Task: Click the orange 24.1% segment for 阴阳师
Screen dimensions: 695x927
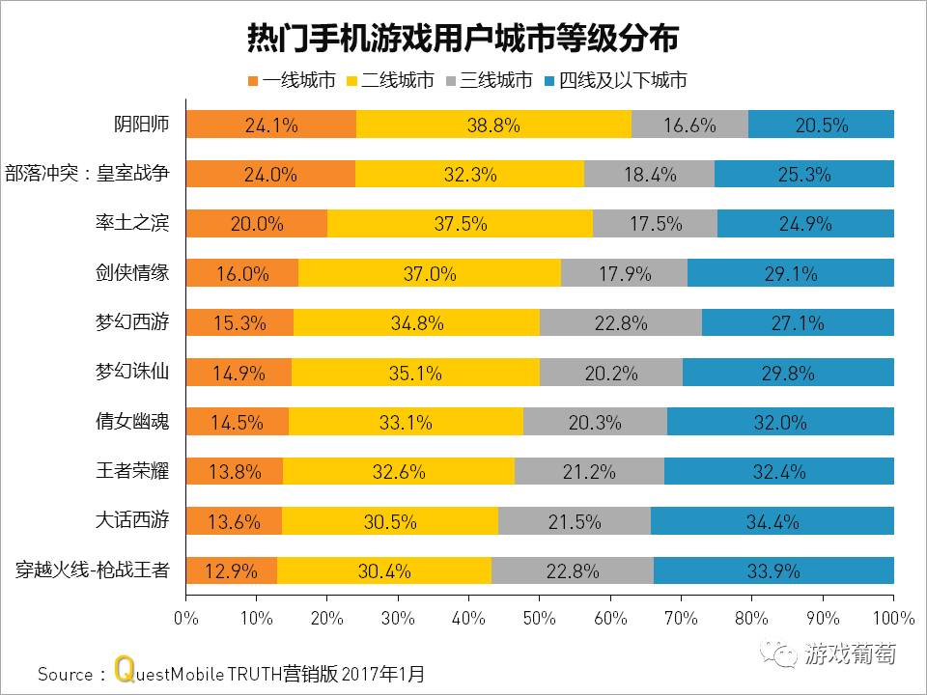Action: [270, 125]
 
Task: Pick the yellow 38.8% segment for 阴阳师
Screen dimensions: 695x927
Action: [493, 125]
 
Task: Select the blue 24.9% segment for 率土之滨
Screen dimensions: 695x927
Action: [805, 224]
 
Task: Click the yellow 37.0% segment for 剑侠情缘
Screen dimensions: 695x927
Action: [430, 273]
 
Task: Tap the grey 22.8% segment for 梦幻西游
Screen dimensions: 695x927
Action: [621, 323]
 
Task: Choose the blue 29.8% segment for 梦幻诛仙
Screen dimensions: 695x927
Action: [788, 373]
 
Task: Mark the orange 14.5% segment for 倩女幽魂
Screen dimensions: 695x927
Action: [237, 422]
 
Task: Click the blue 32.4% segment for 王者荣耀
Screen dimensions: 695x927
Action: [779, 471]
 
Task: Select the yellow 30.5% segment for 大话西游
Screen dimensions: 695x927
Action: [390, 521]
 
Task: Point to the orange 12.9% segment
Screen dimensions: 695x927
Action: [231, 570]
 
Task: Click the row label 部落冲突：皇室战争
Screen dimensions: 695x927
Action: [88, 174]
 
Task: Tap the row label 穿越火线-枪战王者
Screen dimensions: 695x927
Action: [93, 570]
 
